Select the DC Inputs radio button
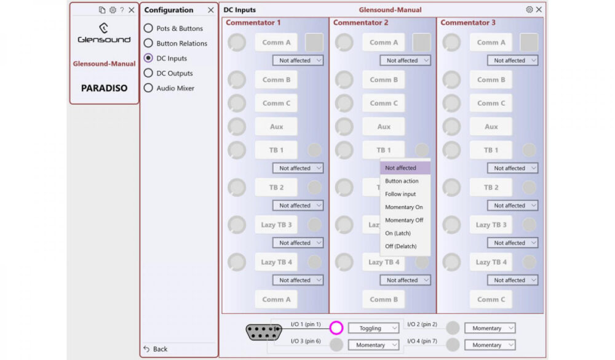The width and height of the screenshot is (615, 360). tap(148, 58)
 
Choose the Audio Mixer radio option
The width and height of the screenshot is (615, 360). tap(148, 88)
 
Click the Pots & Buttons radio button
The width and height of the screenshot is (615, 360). tap(148, 28)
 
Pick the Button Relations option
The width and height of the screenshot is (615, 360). tap(148, 43)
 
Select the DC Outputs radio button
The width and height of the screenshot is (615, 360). tap(148, 73)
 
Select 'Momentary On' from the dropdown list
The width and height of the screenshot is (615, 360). tap(404, 207)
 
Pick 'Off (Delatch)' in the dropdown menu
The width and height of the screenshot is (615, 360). tap(400, 246)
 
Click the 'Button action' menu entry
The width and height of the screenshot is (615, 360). tap(402, 181)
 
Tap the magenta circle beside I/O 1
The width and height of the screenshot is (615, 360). tap(336, 328)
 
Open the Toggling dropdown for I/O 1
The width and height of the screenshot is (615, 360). tap(374, 329)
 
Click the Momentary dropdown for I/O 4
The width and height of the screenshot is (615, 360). tap(490, 345)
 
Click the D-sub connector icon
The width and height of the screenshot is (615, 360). tap(264, 332)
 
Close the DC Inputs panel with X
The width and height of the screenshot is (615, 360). tap(539, 10)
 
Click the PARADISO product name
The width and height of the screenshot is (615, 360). tap(104, 88)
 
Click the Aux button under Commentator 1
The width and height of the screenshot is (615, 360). tap(276, 127)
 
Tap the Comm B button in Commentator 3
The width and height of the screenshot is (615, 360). tap(491, 80)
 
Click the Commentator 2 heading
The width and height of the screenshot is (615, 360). tap(360, 23)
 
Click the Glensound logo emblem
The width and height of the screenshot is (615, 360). tap(104, 28)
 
